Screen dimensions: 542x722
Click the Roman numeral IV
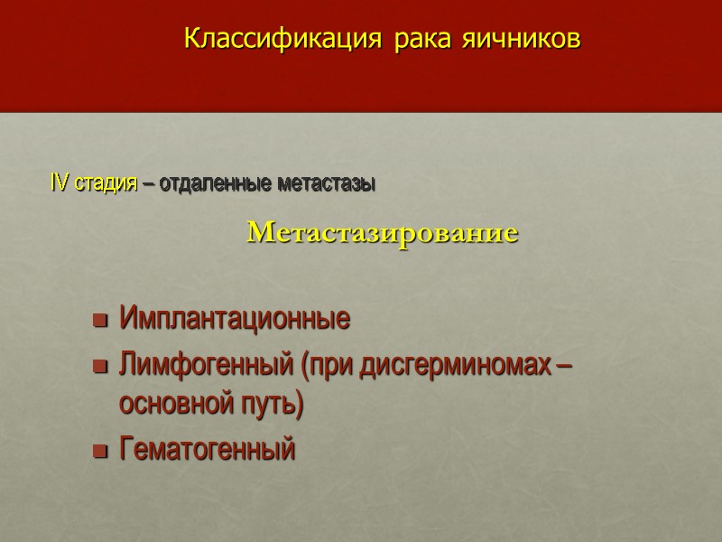coord(59,184)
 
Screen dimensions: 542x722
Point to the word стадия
coord(106,184)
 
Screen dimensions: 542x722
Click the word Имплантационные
coord(235,320)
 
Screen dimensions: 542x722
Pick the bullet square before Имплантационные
coord(100,321)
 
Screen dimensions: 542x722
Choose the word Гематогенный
coord(207,448)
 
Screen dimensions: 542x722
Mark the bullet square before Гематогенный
coord(100,449)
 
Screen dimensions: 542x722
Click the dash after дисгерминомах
coord(566,366)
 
